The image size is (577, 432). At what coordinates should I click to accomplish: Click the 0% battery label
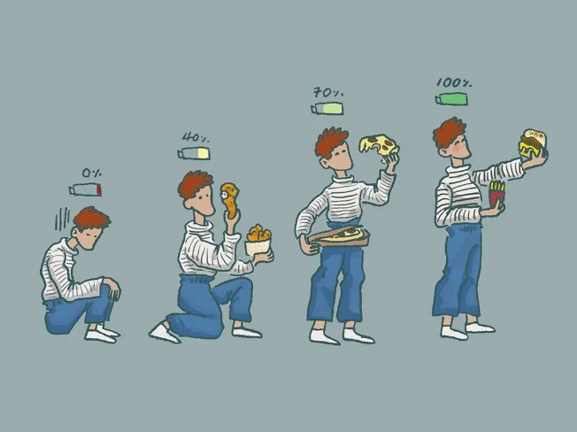click(x=92, y=173)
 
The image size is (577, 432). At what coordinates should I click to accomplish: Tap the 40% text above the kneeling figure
click(x=196, y=137)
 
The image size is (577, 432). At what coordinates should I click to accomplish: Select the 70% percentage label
click(x=328, y=92)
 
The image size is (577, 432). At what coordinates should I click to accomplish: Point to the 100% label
click(x=454, y=83)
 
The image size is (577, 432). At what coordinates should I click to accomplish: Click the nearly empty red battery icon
click(x=85, y=189)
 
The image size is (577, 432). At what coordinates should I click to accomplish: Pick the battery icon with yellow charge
click(x=194, y=153)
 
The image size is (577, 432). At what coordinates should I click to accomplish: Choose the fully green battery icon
click(x=452, y=99)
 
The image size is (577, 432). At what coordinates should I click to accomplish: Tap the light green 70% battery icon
click(x=327, y=109)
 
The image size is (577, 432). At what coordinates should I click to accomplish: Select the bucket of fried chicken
click(x=258, y=241)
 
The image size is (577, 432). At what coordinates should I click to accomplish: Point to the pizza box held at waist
click(x=339, y=236)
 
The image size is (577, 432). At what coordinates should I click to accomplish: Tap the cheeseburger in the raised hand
click(x=533, y=143)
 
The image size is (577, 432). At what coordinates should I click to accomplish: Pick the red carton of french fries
click(x=496, y=194)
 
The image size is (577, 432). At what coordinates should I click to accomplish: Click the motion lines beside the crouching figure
click(x=62, y=219)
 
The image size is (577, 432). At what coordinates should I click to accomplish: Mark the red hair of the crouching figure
click(x=91, y=218)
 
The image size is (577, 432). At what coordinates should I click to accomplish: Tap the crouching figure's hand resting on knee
click(x=112, y=288)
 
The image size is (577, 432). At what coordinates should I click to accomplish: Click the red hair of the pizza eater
click(x=330, y=142)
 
